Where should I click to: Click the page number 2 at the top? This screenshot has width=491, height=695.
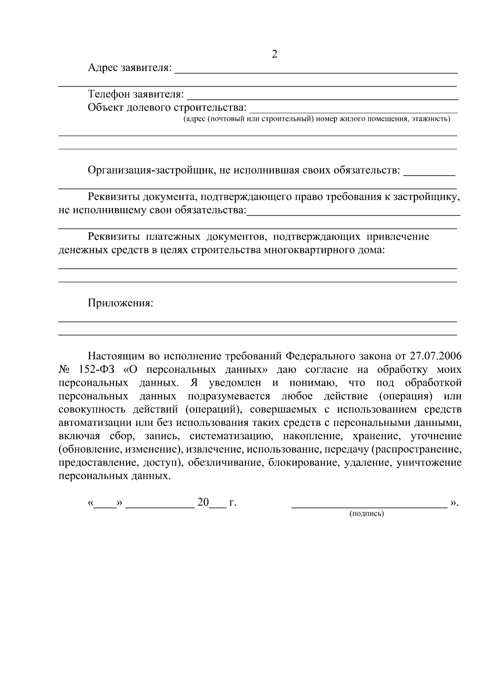275,54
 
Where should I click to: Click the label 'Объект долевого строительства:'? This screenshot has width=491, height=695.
167,108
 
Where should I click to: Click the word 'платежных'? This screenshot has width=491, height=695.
168,237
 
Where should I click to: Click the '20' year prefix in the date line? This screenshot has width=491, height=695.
203,502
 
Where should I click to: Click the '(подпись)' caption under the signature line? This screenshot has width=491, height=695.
366,514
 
